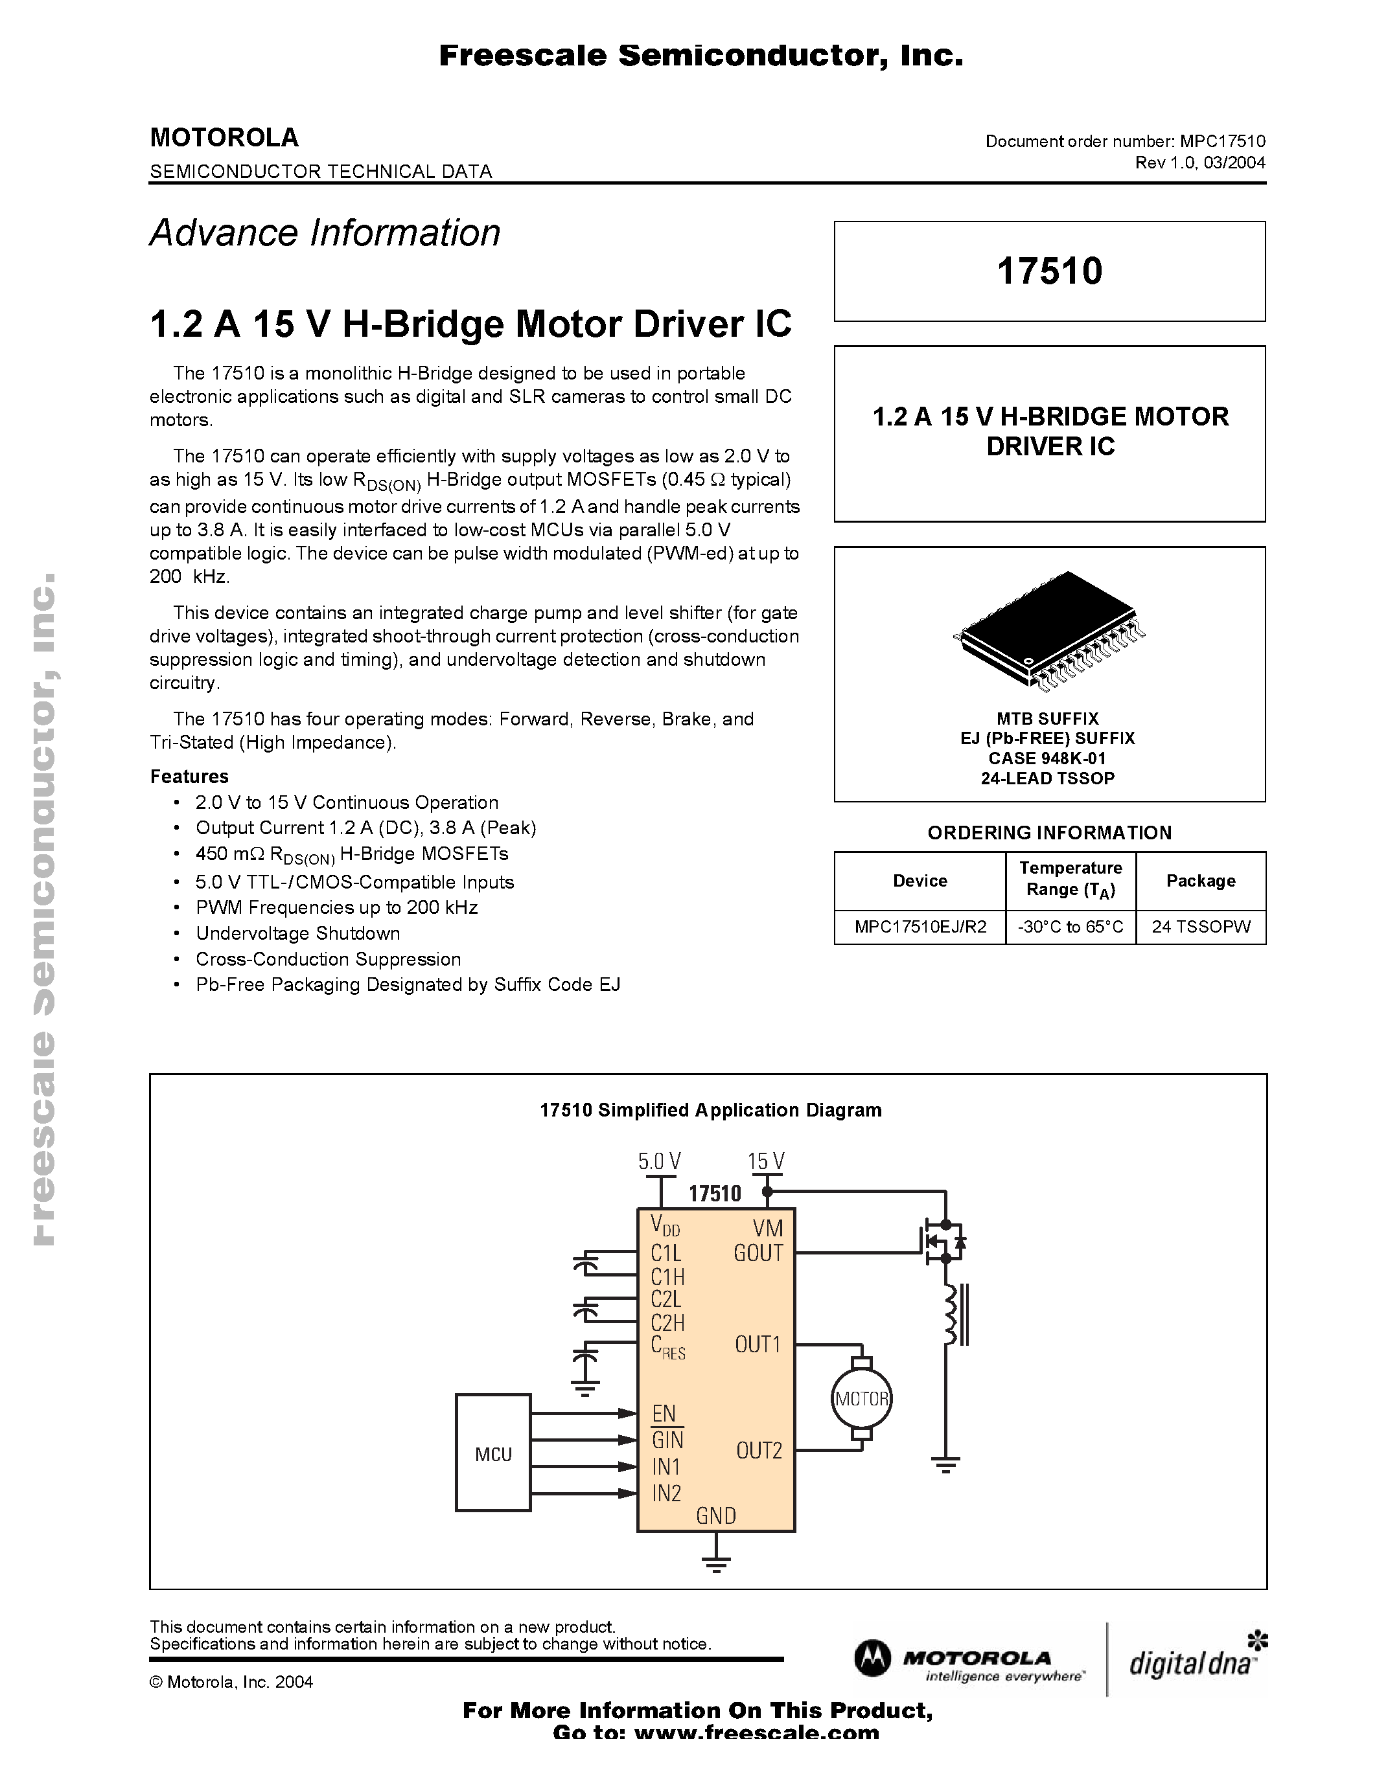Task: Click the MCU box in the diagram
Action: pos(492,1453)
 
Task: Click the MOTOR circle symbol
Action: pos(861,1398)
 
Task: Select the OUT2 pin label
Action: pos(759,1450)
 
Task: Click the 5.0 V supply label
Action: pos(659,1161)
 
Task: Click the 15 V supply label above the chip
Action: pos(765,1161)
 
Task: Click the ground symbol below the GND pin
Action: pos(715,1563)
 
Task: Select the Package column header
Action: pos(1200,881)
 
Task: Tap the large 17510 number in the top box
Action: pos(1049,271)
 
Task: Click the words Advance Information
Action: pos(325,233)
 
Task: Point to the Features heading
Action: pos(189,777)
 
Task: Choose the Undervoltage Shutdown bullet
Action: pos(297,933)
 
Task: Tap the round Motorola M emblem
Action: pos(873,1659)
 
